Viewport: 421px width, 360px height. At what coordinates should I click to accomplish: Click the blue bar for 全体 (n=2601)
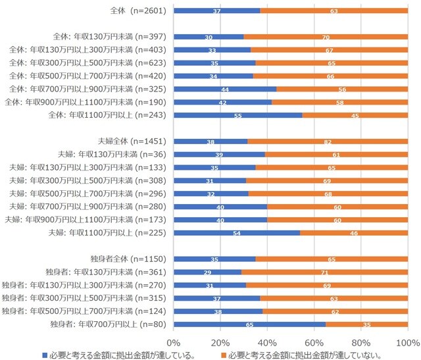pos(217,11)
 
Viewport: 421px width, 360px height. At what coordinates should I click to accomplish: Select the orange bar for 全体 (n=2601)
pos(334,11)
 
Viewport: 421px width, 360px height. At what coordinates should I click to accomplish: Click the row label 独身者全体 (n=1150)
pos(133,259)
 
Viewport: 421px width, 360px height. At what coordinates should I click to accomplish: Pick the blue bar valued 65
pos(249,324)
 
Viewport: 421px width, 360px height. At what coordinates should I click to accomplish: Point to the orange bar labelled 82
pos(328,141)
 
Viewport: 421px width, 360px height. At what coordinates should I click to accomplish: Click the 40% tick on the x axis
pos(268,342)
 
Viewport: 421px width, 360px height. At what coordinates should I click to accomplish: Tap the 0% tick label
pos(174,342)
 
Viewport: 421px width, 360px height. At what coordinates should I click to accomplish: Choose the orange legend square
pos(224,355)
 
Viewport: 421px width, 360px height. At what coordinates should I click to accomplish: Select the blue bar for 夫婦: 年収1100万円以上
pos(237,232)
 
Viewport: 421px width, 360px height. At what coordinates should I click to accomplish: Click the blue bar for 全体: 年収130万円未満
pos(209,37)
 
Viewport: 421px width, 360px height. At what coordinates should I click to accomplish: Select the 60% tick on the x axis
pos(314,342)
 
